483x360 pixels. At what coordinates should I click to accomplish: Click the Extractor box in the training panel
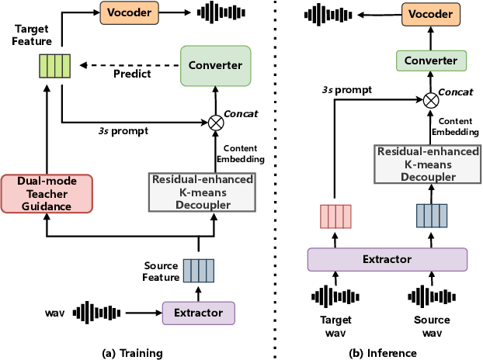[198, 313]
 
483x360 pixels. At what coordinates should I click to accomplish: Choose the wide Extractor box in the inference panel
[387, 259]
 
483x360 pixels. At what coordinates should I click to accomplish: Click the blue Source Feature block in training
[198, 270]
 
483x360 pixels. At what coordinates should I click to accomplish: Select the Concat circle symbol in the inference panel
[429, 99]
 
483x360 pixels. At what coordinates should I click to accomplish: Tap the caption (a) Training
[133, 353]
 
